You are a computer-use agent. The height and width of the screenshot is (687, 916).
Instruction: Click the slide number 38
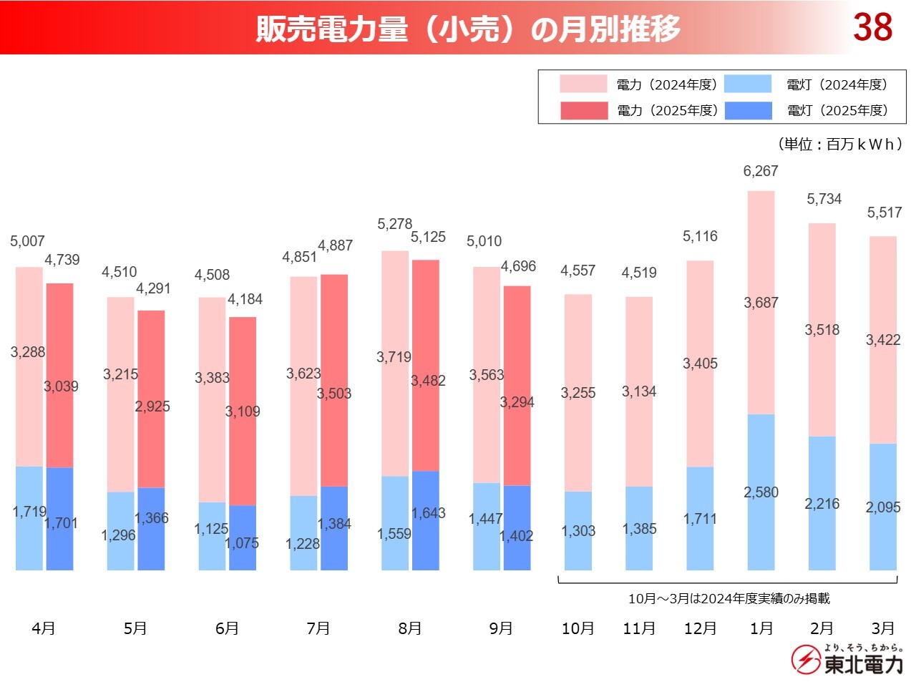pos(872,27)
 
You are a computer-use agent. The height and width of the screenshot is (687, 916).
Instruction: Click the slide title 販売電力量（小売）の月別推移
pos(468,29)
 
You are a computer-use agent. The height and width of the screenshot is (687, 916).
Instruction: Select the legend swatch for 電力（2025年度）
pos(583,111)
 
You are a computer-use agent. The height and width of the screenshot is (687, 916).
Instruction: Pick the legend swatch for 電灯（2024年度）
pos(748,84)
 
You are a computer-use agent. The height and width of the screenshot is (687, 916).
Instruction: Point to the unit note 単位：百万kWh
pos(839,144)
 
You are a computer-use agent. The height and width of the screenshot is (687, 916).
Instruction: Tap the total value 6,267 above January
pos(760,171)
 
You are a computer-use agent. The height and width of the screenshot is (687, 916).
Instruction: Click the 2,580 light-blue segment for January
pos(761,492)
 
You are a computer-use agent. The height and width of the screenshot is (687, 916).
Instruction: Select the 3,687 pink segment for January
pos(761,303)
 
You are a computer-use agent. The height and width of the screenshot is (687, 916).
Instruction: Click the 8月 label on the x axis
pos(410,628)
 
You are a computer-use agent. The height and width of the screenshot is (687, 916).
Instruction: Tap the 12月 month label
pos(700,628)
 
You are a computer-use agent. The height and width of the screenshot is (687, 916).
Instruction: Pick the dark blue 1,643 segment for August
pos(426,520)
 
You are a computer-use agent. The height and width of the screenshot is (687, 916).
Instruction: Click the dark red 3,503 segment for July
pos(334,380)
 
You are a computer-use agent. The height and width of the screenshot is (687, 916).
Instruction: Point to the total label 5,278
pos(394,224)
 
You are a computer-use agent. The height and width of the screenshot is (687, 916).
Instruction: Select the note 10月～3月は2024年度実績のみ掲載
pos(729,598)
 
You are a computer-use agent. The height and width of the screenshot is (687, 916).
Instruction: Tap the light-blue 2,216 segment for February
pos(822,503)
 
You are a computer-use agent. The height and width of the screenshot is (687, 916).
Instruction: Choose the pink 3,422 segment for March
pos(883,340)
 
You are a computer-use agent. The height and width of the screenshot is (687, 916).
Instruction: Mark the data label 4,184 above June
pos(245,299)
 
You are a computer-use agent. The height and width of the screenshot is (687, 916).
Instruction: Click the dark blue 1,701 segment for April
pos(60,519)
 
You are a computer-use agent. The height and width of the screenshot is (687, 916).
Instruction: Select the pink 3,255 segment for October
pos(578,393)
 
